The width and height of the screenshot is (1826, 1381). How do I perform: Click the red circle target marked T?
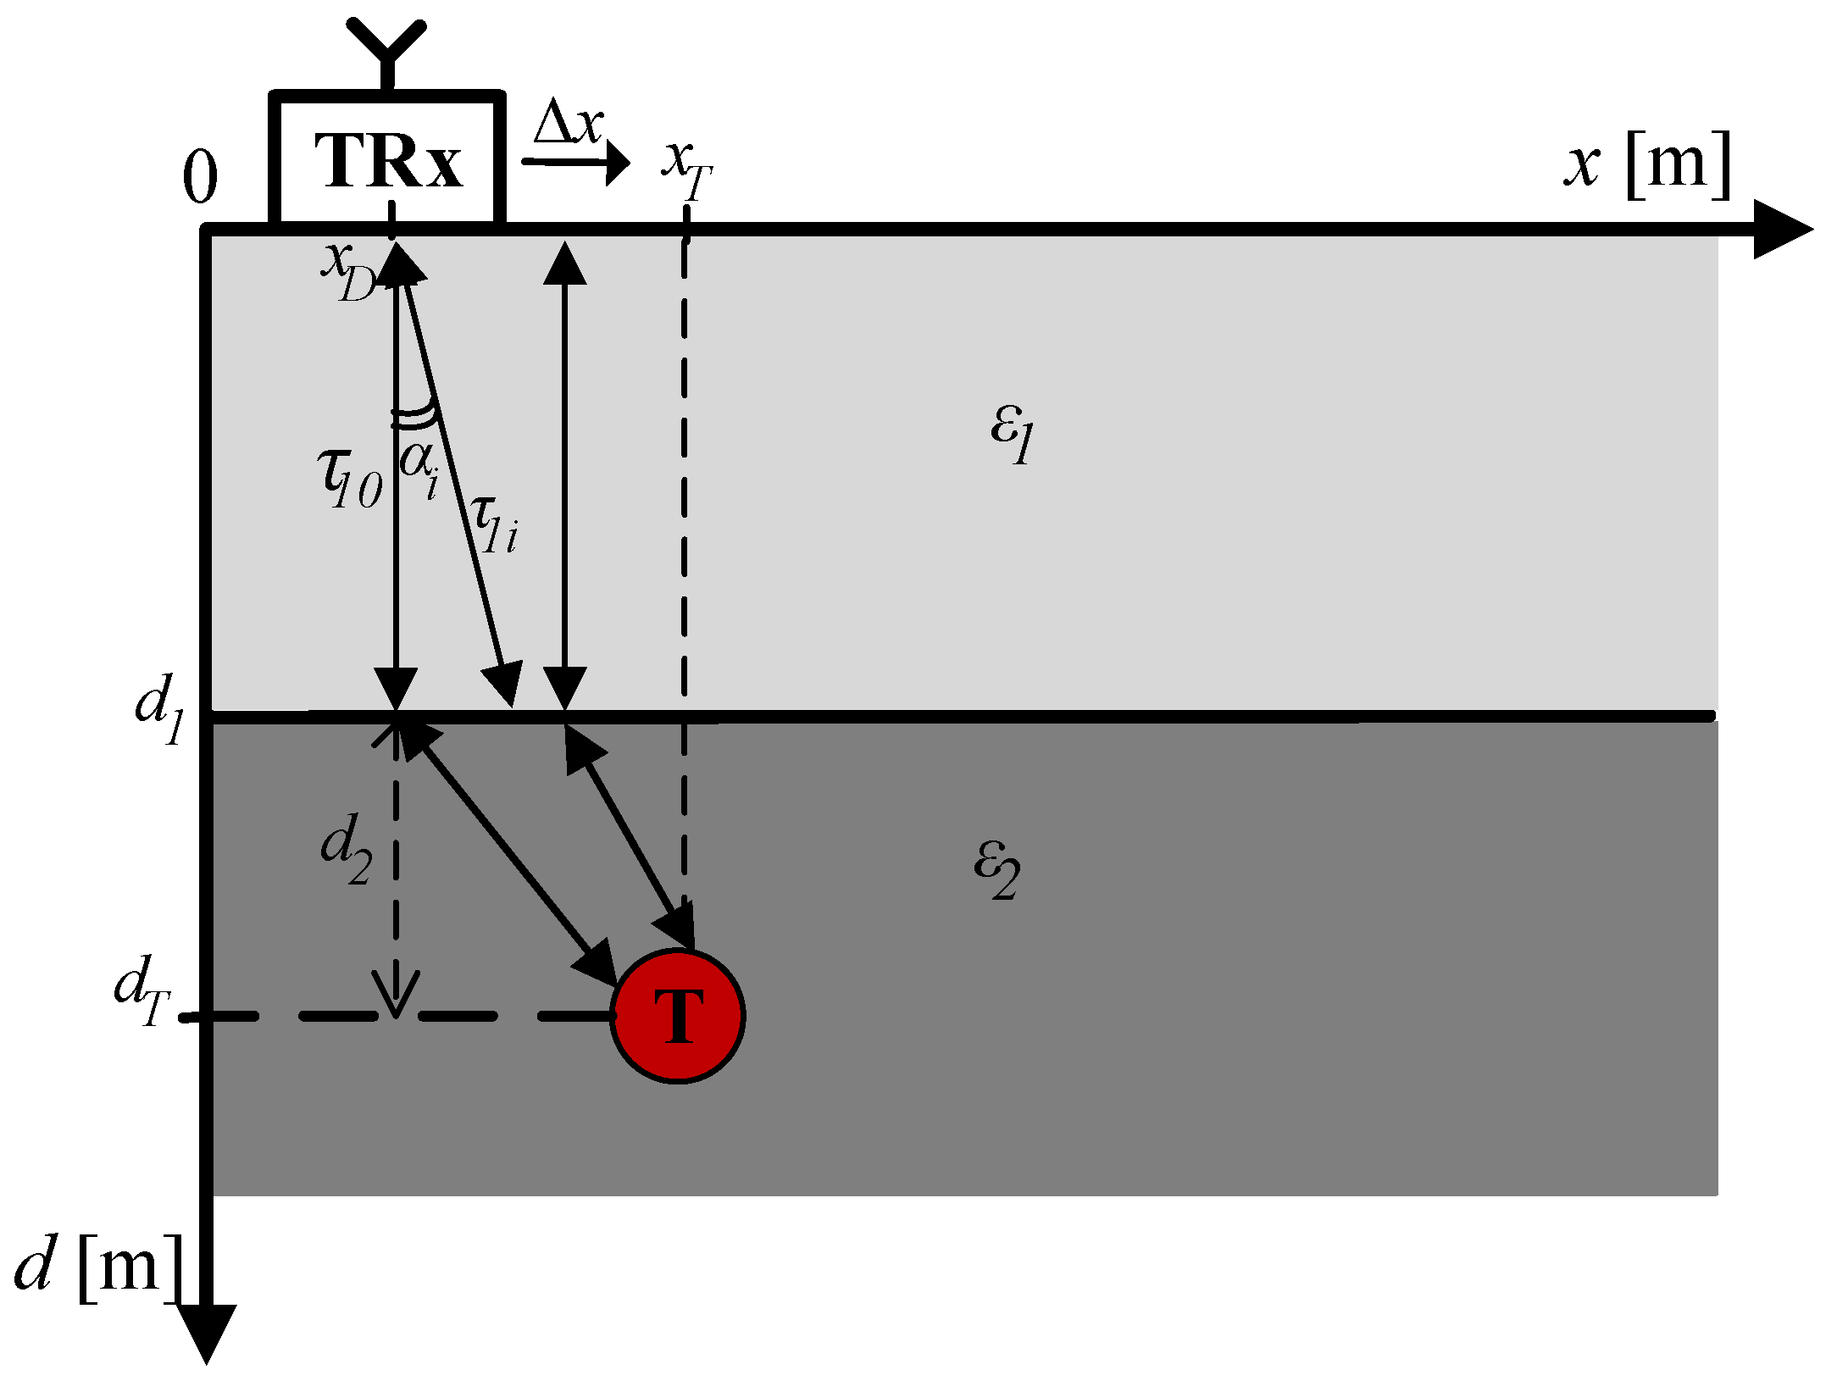click(678, 1015)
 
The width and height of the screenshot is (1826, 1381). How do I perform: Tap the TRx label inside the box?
click(389, 160)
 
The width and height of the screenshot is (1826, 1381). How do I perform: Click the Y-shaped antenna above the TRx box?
click(387, 51)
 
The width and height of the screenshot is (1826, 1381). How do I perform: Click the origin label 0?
click(200, 179)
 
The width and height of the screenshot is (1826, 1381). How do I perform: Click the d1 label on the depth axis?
click(160, 709)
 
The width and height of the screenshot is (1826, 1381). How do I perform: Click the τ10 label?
click(349, 479)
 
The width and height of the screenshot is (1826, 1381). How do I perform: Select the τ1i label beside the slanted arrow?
click(494, 524)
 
